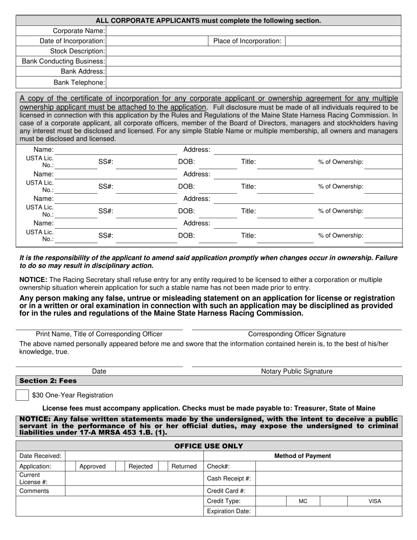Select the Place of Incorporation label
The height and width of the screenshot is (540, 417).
[x=247, y=41]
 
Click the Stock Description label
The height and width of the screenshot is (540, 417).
[x=77, y=51]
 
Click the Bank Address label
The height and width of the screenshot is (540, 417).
[x=83, y=71]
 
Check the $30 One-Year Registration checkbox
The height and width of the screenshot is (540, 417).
[x=22, y=395]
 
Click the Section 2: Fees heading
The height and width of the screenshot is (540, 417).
[x=48, y=381]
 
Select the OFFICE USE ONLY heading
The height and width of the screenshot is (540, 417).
[x=208, y=446]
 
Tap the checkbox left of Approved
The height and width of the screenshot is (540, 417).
[x=71, y=466]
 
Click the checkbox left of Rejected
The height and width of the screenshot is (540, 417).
[x=120, y=466]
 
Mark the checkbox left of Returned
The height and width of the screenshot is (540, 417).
[x=163, y=466]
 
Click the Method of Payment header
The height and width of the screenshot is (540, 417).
[x=302, y=456]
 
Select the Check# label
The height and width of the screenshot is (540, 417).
[x=218, y=466]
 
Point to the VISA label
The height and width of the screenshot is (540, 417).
[x=374, y=501]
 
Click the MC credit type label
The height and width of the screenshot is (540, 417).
[x=303, y=501]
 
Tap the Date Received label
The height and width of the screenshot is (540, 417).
[x=40, y=456]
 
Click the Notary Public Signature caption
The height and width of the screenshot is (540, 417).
[x=297, y=371]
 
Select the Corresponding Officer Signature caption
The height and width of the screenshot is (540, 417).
[x=297, y=334]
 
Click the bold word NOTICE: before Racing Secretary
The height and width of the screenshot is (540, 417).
[x=33, y=280]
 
